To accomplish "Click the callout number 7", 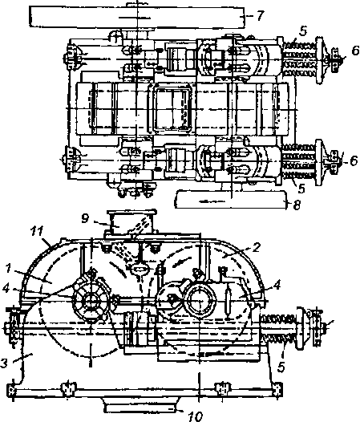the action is pyautogui.click(x=259, y=16).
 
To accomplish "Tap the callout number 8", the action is pyautogui.click(x=297, y=205).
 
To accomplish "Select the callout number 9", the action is pyautogui.click(x=85, y=218).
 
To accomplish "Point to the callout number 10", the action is pyautogui.click(x=196, y=416).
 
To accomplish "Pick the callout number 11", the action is pyautogui.click(x=37, y=231).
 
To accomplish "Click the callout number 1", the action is pyautogui.click(x=8, y=269).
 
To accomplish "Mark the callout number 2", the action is pyautogui.click(x=257, y=247).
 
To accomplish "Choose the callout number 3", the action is pyautogui.click(x=4, y=363).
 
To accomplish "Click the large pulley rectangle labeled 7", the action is pyautogui.click(x=137, y=17).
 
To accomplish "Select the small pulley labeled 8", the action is pyautogui.click(x=230, y=199).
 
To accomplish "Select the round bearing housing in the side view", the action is pyautogui.click(x=200, y=300).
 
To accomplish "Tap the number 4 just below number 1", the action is pyautogui.click(x=6, y=290).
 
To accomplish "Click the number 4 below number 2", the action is pyautogui.click(x=277, y=285).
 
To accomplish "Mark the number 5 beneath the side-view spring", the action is pyautogui.click(x=281, y=367).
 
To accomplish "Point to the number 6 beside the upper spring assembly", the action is pyautogui.click(x=355, y=51).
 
